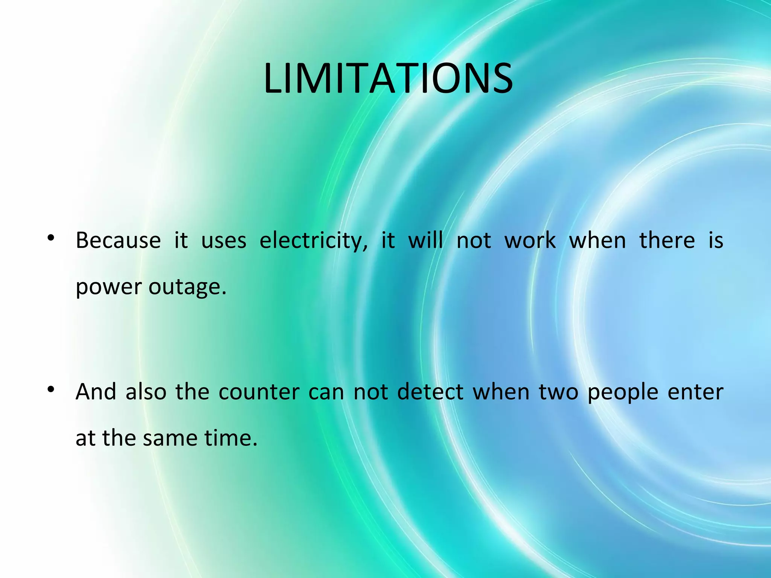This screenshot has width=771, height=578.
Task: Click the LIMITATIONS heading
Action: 388,79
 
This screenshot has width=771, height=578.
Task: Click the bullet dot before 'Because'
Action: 51,238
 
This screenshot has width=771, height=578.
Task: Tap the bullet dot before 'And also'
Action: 51,389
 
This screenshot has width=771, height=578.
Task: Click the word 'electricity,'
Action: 314,241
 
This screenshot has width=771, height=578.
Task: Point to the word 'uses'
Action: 224,241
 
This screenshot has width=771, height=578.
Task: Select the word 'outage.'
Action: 187,287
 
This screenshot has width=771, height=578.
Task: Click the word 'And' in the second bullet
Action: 96,392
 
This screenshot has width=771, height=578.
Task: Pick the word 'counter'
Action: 259,392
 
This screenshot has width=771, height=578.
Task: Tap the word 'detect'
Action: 430,392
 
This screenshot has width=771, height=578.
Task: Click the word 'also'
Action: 146,392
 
